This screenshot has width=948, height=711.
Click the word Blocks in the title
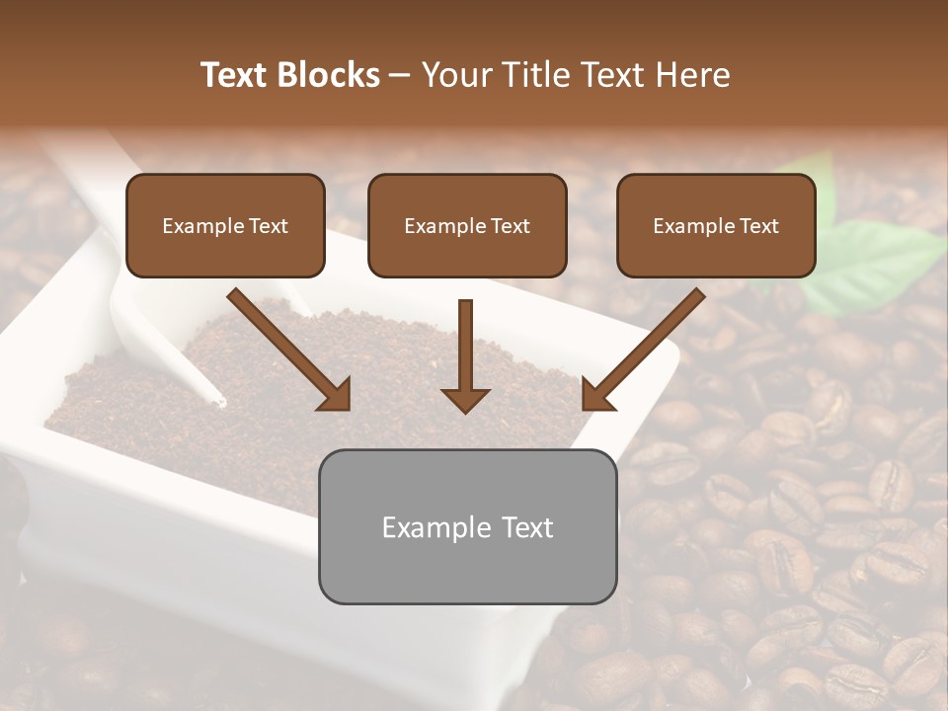coord(330,75)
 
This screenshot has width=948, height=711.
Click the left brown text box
coord(225,225)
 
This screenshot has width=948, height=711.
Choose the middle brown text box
coord(467,225)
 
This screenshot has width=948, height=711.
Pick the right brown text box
coord(716,225)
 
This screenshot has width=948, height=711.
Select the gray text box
coord(467,526)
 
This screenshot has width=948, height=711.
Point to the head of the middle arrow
coord(465,400)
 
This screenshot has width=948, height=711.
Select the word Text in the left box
coord(269,226)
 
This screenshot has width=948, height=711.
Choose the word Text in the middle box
coord(511,226)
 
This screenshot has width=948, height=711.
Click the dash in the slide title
coord(400,75)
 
